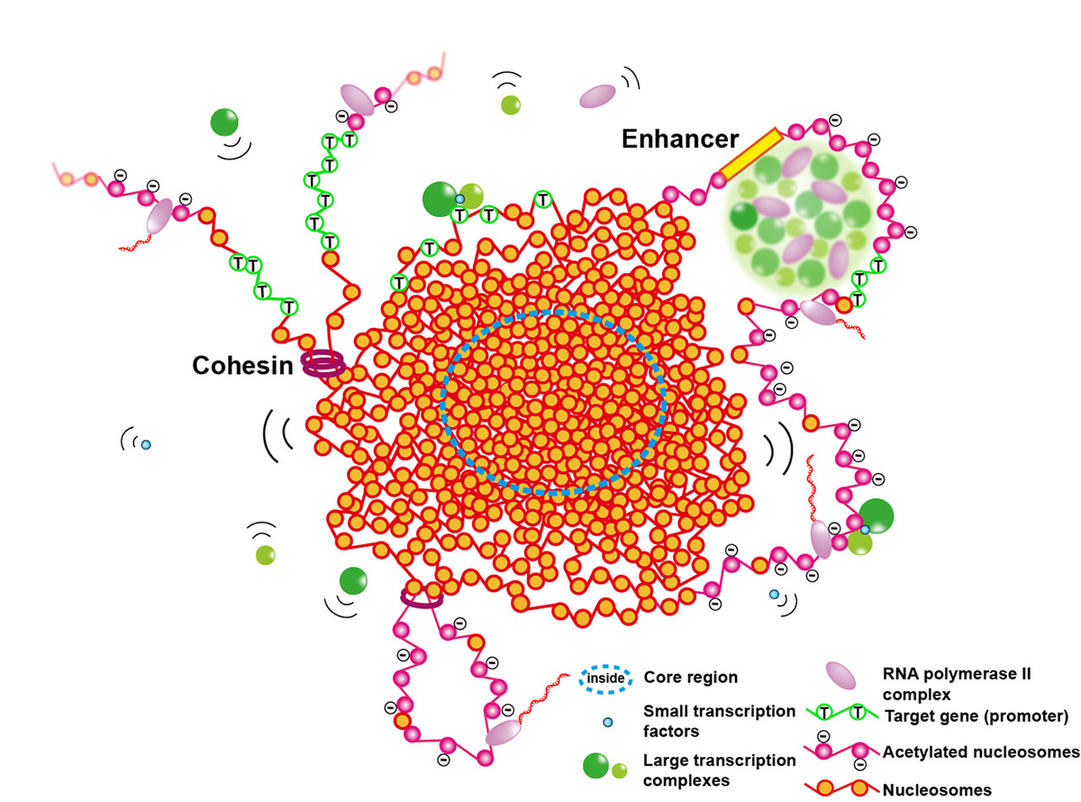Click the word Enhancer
pos(679,141)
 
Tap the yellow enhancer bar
pos(749,153)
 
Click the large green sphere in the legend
pos(596,766)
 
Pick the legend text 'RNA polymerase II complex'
pos(940,683)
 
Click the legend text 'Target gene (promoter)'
pos(977,716)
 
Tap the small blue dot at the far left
pos(145,444)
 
